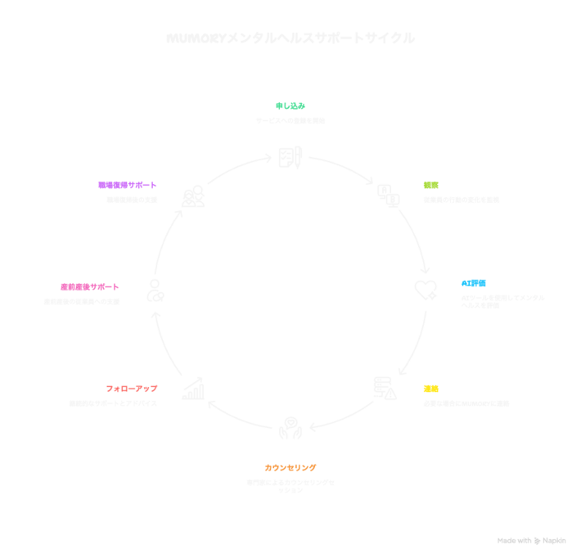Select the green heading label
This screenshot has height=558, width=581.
point(290,106)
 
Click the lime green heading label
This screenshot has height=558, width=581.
point(430,184)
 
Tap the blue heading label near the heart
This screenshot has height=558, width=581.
point(474,282)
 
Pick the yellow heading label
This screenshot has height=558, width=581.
point(430,389)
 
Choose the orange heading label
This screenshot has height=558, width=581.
point(290,467)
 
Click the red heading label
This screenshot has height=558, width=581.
point(132,388)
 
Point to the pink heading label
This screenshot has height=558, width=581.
point(89,286)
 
